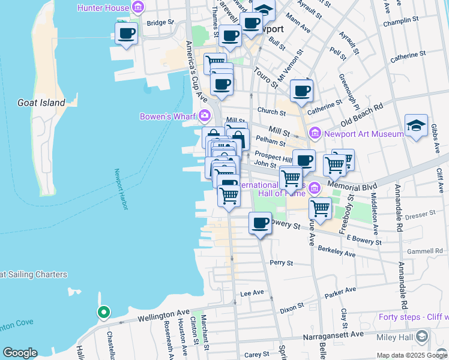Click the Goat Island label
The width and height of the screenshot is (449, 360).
pos(41,103)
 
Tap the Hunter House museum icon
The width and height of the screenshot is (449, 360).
pos(139,8)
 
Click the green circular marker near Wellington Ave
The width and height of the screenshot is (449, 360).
pos(103,312)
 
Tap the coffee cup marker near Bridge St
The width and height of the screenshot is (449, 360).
pos(126,34)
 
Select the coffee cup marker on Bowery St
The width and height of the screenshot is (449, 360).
pos(260,223)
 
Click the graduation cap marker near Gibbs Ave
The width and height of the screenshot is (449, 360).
pos(416,126)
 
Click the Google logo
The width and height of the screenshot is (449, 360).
pos(20,353)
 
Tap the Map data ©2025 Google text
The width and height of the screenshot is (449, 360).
pos(412,355)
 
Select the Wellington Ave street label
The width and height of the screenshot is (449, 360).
pos(163,315)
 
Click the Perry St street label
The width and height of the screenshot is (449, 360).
pos(281,263)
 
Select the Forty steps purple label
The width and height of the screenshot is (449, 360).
pos(413,317)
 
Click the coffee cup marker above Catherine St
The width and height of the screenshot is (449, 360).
pos(301,91)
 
